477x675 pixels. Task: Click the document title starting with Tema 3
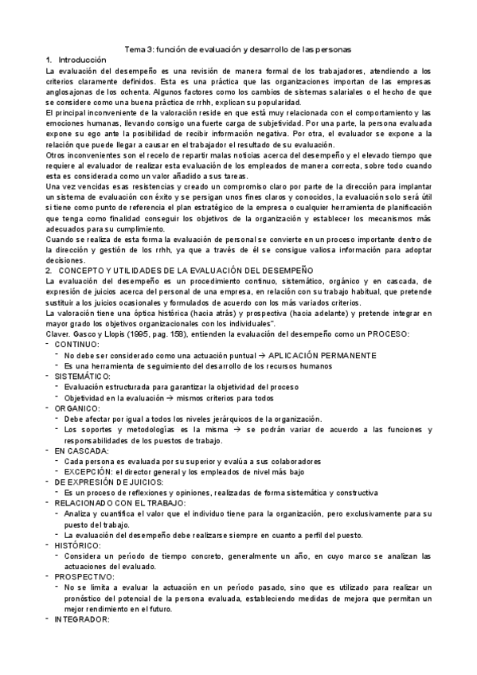pyautogui.click(x=237, y=49)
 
